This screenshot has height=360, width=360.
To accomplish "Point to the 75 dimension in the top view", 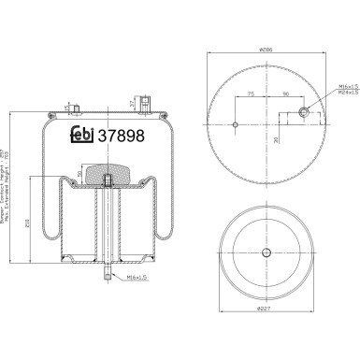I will click(252, 94).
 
